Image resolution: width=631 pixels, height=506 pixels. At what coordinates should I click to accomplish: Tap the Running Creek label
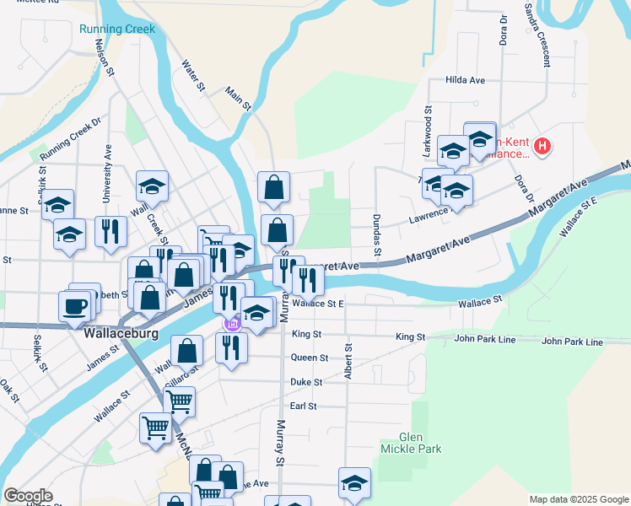pyautogui.click(x=117, y=29)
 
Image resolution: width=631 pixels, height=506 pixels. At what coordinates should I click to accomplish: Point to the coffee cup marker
pyautogui.click(x=74, y=305)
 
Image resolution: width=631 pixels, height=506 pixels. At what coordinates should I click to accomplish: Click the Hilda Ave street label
pyautogui.click(x=465, y=80)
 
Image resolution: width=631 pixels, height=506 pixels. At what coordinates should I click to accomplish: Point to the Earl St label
pyautogui.click(x=303, y=406)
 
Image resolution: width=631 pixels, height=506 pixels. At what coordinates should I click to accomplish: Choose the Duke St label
pyautogui.click(x=306, y=382)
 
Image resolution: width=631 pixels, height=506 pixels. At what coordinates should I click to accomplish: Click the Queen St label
pyautogui.click(x=309, y=358)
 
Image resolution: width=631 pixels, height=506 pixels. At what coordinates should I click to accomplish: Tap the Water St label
pyautogui.click(x=193, y=74)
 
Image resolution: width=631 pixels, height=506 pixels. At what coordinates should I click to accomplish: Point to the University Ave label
pyautogui.click(x=107, y=173)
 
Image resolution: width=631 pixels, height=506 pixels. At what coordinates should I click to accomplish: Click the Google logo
pyautogui.click(x=28, y=496)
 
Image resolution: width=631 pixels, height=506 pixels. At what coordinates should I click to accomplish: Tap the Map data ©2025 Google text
pyautogui.click(x=578, y=499)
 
